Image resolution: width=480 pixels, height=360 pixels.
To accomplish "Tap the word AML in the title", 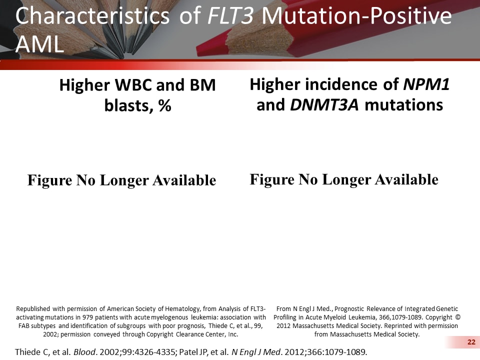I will [x=39, y=44].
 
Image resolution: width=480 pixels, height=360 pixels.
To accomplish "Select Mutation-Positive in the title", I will [x=356, y=17].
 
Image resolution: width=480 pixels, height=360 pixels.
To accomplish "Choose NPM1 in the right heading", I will [x=426, y=85].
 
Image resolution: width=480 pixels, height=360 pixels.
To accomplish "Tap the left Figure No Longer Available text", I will [x=121, y=180].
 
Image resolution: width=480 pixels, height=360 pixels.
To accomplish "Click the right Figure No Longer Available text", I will [x=344, y=179].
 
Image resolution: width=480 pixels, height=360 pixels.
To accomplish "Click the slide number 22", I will [x=470, y=342].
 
